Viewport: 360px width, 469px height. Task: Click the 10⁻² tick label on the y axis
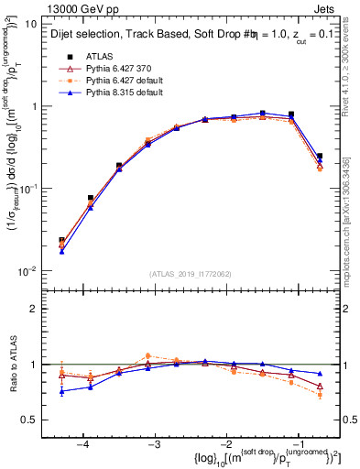coord(27,270)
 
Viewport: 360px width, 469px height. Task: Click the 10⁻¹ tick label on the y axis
coord(27,189)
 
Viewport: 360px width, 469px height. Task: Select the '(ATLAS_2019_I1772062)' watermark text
coord(190,274)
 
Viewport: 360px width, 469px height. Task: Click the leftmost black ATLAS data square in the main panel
coord(61,240)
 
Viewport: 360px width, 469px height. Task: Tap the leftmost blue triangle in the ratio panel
coord(61,391)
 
